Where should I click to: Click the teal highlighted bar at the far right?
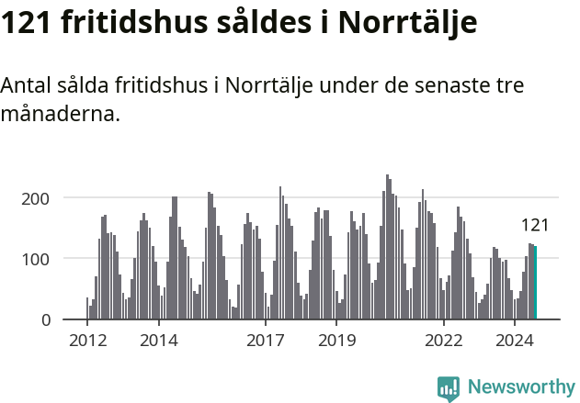coord(535,283)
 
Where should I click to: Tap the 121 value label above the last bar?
coord(535,225)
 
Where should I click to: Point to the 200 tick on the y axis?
coord(48,197)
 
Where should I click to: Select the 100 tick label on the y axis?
coord(48,258)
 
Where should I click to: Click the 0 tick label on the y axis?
coord(56,319)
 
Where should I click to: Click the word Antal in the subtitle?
coord(27,86)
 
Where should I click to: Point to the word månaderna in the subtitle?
coord(60,116)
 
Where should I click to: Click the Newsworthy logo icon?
coord(449,388)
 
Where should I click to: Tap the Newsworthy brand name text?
coord(520,387)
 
